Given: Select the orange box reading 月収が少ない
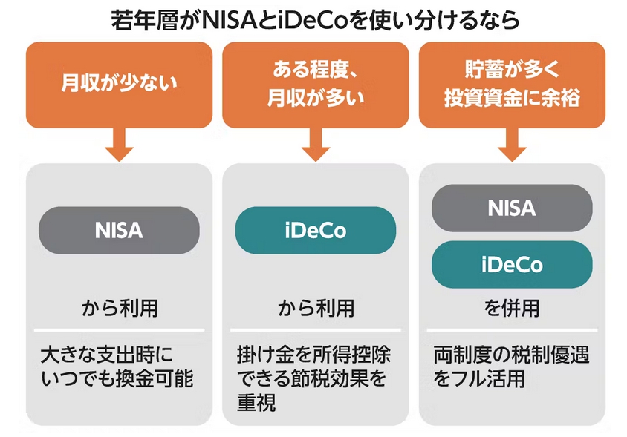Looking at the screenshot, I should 119,85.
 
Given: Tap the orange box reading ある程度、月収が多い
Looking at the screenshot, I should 316,85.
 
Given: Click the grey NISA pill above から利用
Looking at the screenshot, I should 119,230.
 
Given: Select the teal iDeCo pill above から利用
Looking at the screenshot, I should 316,230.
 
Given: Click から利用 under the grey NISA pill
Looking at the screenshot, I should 119,308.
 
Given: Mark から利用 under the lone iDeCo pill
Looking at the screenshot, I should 316,308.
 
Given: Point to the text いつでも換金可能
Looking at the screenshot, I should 117,379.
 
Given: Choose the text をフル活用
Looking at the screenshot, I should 479,379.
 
